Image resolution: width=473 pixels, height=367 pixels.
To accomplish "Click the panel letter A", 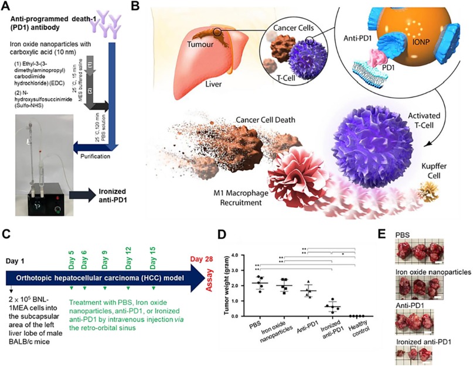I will click(6, 6).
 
